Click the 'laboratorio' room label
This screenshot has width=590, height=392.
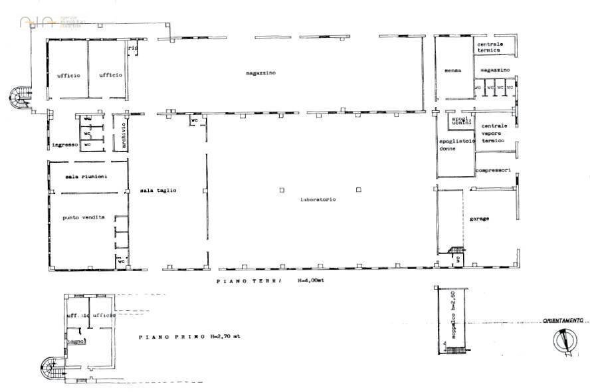[x=318, y=199]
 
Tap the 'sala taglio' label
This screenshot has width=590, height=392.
[x=158, y=191]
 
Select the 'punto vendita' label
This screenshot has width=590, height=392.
[x=84, y=217]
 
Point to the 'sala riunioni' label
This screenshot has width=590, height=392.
[x=86, y=176]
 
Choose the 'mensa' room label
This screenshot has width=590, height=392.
[x=453, y=70]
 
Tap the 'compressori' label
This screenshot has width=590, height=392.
[x=493, y=170]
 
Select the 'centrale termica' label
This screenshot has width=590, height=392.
[x=490, y=47]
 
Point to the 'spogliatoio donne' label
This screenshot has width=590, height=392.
[x=456, y=144]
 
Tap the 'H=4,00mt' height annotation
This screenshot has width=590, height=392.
[x=310, y=281]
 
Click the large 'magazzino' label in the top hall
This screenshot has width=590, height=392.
[x=260, y=72]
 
